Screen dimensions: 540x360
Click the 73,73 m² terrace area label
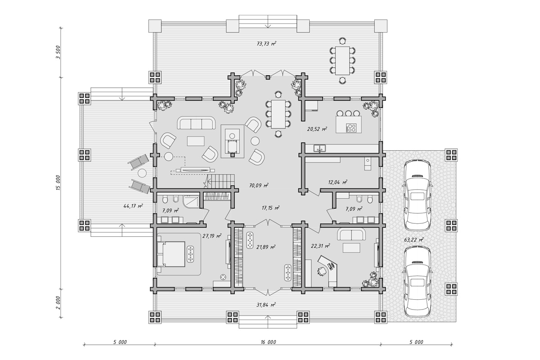pos(266,44)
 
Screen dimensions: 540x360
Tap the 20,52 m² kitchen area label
pos(317,129)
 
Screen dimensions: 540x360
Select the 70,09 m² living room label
pos(259,185)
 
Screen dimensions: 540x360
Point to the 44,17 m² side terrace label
pos(133,206)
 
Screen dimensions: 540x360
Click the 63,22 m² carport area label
pos(414,240)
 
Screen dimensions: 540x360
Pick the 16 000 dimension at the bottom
pos(268,342)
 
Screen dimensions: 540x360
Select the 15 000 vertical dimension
pos(58,183)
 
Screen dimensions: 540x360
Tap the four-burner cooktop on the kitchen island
pos(351,127)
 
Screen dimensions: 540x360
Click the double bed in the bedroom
pos(171,254)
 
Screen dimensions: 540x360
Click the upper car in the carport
pos(418,195)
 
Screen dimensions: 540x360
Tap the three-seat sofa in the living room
pos(197,123)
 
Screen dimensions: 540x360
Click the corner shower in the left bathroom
pos(191,202)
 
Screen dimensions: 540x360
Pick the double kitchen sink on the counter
pos(319,148)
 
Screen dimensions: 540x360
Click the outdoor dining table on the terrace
pos(342,60)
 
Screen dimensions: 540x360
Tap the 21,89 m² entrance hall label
pos(266,247)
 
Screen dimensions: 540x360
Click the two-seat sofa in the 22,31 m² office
pos(351,234)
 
